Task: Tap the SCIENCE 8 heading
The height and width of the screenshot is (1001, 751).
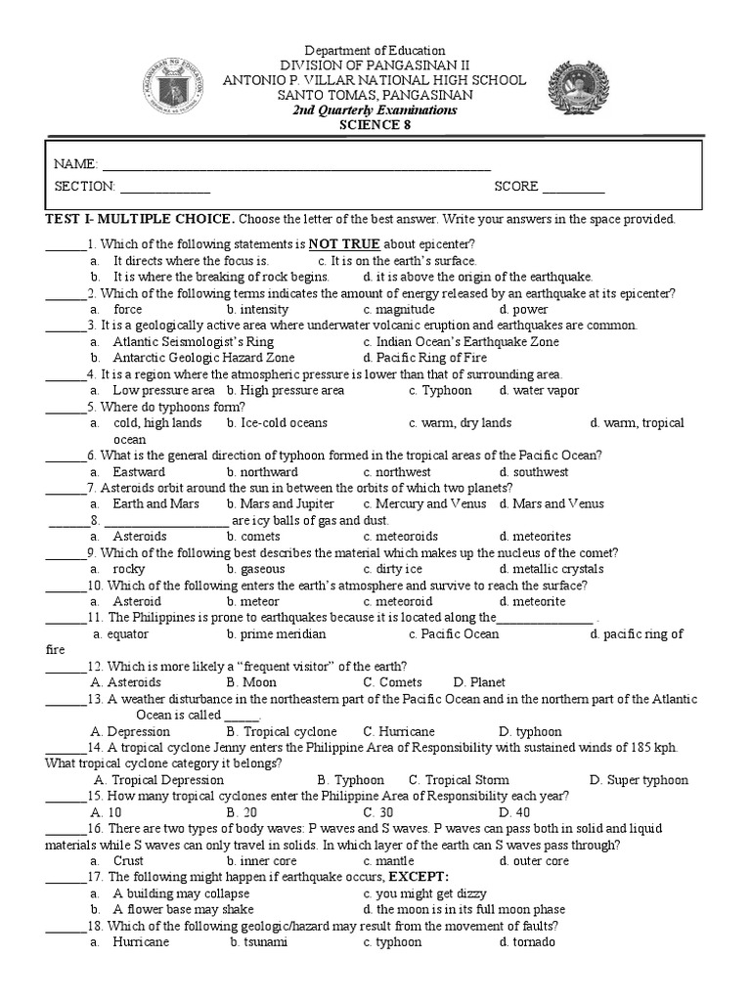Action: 375,124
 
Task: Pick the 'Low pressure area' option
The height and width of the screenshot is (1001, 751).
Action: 162,390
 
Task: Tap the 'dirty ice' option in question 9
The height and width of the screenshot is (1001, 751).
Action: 399,568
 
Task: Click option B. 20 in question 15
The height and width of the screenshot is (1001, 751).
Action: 242,812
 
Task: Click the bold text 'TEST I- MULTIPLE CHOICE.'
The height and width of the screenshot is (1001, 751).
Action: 136,219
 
